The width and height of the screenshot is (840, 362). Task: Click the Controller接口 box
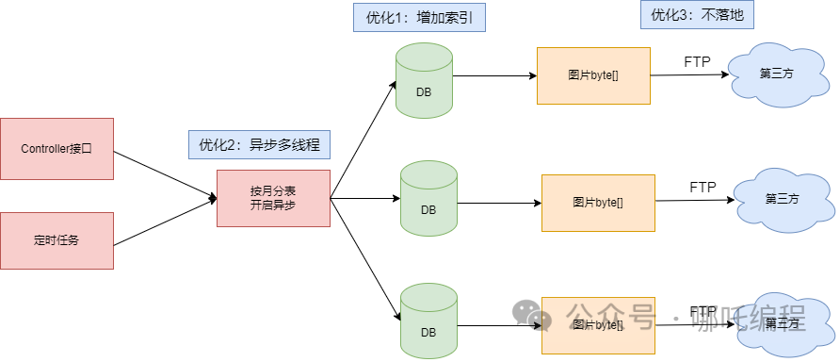pos(57,148)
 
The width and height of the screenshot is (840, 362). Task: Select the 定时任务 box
pos(57,240)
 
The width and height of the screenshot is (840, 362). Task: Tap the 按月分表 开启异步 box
pos(273,198)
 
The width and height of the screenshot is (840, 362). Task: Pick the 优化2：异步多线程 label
pos(260,144)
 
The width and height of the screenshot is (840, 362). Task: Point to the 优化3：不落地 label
pos(689,15)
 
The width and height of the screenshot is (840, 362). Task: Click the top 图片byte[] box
pos(593,75)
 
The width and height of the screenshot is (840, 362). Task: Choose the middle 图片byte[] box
pos(598,202)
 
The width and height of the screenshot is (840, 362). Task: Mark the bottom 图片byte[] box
pos(598,324)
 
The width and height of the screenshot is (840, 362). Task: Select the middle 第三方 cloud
pos(782,199)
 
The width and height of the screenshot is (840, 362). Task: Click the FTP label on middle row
pos(703,187)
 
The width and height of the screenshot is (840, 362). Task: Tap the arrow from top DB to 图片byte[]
pos(494,75)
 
